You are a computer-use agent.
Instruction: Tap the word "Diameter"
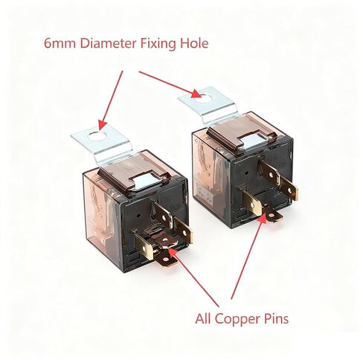(x=108, y=43)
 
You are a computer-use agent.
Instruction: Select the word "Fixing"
(x=158, y=44)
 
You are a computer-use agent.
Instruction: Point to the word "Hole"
(x=194, y=43)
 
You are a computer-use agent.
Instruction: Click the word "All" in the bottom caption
(x=203, y=318)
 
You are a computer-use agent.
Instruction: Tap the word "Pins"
(x=276, y=318)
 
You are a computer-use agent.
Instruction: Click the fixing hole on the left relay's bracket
(x=97, y=136)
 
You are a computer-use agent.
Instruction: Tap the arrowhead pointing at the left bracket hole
(x=102, y=125)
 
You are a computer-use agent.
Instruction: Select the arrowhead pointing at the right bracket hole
(x=197, y=94)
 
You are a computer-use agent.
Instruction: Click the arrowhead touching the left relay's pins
(x=173, y=251)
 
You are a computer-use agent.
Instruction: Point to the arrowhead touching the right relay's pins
(x=263, y=219)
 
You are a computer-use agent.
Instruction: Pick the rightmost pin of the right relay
(x=289, y=189)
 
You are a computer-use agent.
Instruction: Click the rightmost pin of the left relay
(x=184, y=231)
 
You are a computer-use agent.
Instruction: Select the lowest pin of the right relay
(x=273, y=215)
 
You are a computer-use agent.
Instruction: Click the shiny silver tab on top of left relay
(x=147, y=181)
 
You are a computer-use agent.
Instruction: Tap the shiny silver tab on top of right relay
(x=254, y=142)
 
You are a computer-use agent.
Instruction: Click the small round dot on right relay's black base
(x=247, y=173)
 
